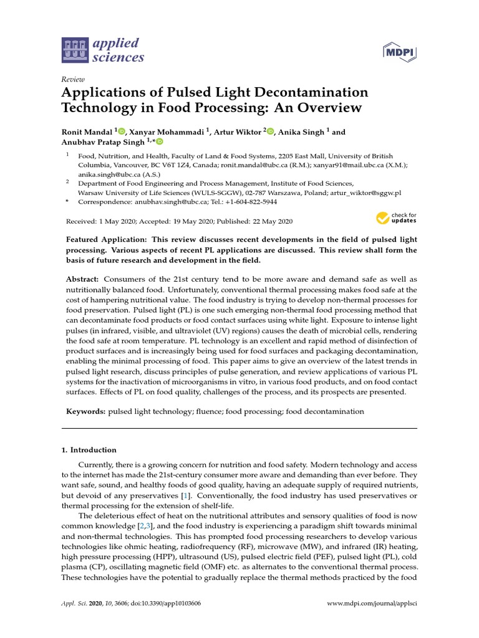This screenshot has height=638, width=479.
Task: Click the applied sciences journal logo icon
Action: (x=75, y=51)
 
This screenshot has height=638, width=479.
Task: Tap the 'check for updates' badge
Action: (x=396, y=218)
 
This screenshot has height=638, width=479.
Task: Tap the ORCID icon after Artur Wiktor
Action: (x=270, y=131)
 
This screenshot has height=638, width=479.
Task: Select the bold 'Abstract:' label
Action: (x=83, y=280)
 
